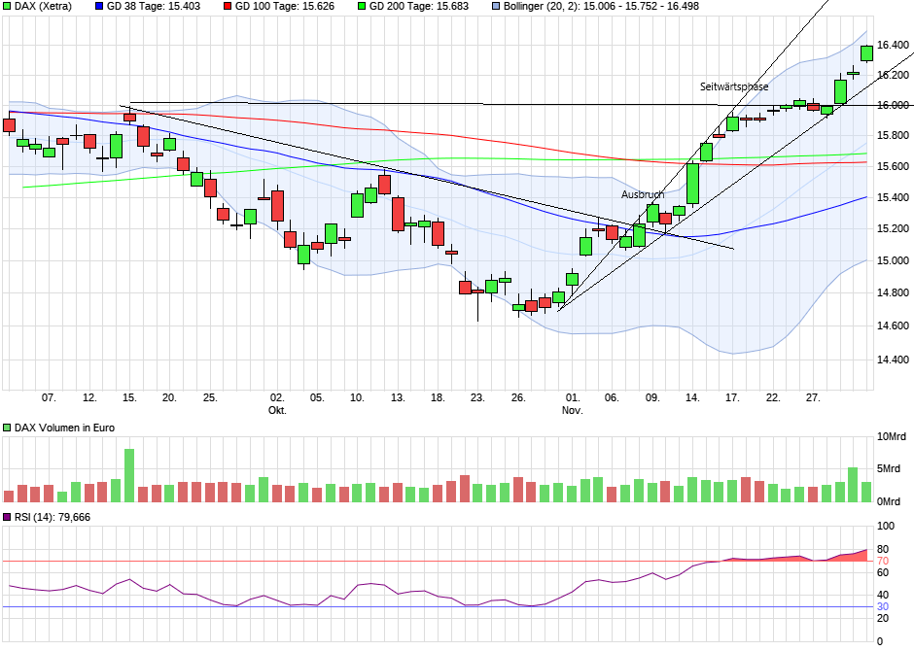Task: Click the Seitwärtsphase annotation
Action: (734, 86)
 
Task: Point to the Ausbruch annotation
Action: (643, 194)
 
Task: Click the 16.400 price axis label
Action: (893, 46)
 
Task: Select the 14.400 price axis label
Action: (893, 360)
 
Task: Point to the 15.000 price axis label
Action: (893, 260)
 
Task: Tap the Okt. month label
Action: (277, 411)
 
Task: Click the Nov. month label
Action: (572, 411)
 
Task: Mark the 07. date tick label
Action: (49, 397)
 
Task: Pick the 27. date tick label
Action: (813, 397)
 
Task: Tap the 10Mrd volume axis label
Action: (893, 437)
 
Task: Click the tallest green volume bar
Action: (129, 475)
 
